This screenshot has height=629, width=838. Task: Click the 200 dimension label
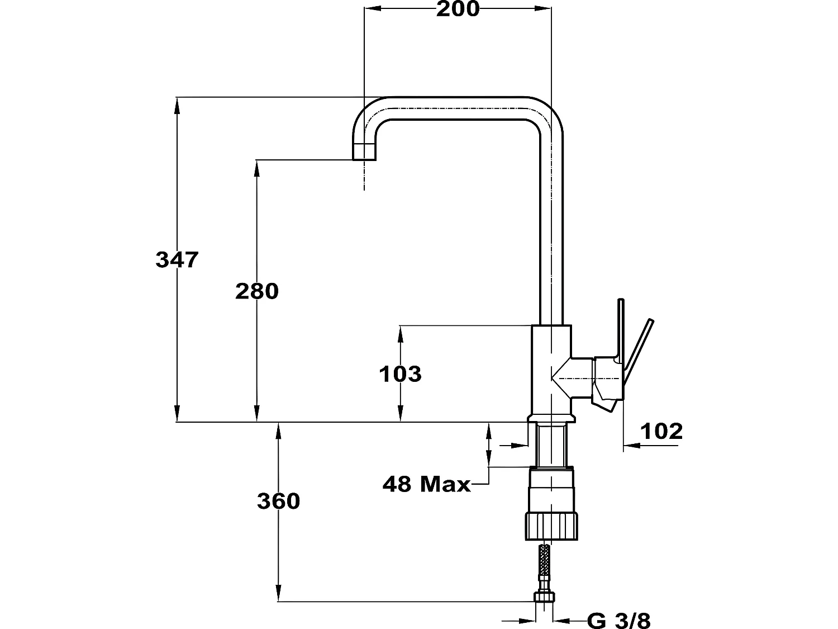point(458,9)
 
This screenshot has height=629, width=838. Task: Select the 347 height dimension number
point(177,259)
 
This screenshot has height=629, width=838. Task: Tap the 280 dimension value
point(257,291)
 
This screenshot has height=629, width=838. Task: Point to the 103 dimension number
point(400,374)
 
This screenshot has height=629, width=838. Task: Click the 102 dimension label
point(661,432)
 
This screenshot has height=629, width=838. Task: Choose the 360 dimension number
point(279,501)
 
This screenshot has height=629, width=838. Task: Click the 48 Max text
point(426,484)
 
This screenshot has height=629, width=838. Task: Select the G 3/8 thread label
point(618,621)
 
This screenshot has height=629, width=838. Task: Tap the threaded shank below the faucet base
point(551,445)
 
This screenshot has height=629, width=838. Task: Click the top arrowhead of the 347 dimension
point(177,106)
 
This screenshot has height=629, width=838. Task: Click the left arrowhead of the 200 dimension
point(373,8)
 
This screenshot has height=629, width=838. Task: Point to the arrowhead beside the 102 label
point(632,445)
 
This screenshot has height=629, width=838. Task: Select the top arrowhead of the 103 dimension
point(400,334)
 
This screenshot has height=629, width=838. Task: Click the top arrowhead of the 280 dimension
point(257,168)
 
